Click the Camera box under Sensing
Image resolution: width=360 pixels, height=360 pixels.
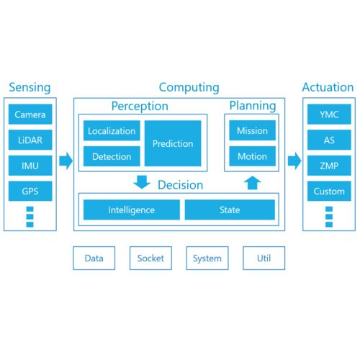point(30,114)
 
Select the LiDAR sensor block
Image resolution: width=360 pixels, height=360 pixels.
point(30,140)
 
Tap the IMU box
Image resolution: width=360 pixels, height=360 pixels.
point(30,166)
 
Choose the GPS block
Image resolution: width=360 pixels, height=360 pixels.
point(30,191)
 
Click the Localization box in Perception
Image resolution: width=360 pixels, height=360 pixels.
point(112,131)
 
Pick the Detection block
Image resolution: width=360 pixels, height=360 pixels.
point(112,156)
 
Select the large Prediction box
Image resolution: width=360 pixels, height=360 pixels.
point(173,143)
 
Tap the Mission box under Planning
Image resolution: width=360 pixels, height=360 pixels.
point(252,130)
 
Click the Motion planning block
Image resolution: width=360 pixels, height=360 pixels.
point(252,156)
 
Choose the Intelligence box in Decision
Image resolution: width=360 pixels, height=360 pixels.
point(132,210)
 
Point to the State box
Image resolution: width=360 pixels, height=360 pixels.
point(230,210)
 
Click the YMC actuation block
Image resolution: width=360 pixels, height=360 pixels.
point(329,114)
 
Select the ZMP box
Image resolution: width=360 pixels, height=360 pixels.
point(329,166)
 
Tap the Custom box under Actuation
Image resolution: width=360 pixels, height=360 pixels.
point(329,191)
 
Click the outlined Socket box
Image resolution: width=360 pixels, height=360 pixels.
point(150,258)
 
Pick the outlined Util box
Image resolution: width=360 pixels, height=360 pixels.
point(264,258)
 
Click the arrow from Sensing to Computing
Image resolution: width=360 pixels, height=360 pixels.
point(66,161)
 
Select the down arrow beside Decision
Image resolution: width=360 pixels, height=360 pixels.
point(142,182)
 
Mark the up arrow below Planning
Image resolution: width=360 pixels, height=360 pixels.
point(252,183)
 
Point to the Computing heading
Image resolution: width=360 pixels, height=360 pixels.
point(189,88)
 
